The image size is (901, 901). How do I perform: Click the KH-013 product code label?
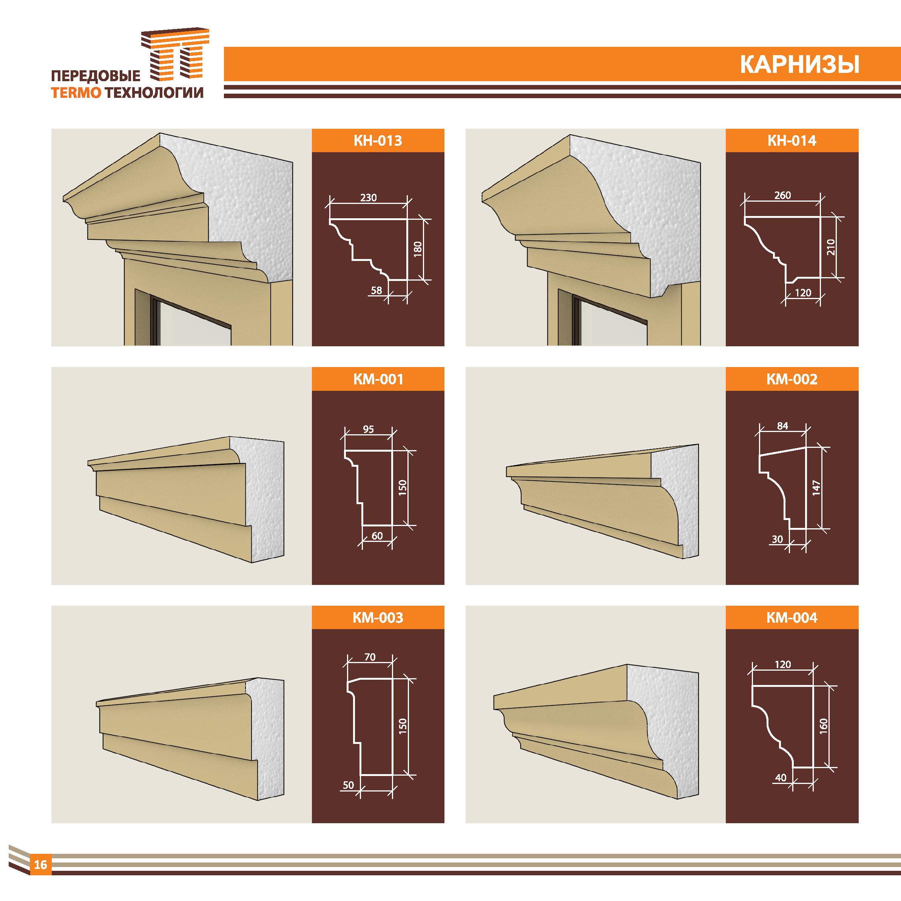point(378,140)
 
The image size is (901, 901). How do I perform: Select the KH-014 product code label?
point(792,140)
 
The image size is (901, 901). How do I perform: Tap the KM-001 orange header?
point(378,379)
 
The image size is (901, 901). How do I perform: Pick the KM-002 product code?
point(792,379)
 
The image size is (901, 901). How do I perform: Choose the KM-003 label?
point(378,618)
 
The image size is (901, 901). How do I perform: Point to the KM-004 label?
point(792,618)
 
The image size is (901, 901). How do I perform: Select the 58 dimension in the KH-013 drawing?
point(376,290)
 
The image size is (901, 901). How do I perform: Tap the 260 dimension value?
point(782,195)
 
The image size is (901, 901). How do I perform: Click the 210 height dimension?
point(831,247)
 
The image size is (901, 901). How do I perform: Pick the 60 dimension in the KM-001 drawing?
point(377,536)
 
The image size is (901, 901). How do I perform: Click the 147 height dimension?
point(816,488)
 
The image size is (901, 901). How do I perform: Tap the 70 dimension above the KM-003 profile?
point(370,657)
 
